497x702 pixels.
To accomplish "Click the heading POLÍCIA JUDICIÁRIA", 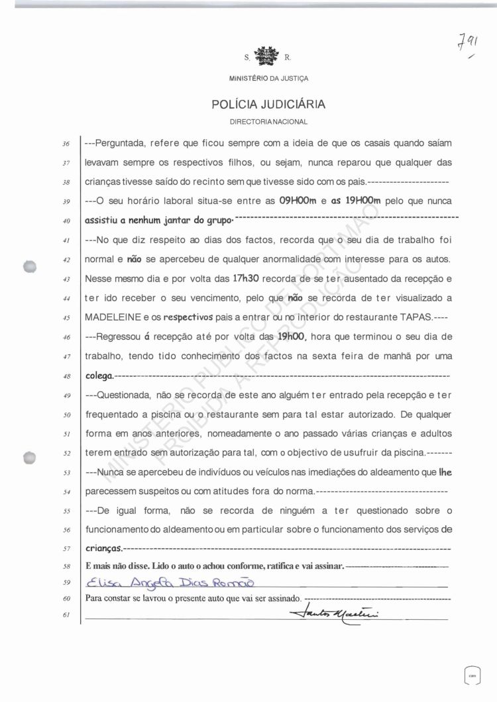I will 268,105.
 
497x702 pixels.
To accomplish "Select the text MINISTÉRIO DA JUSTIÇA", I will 268,78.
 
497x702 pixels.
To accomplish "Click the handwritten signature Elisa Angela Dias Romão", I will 170,583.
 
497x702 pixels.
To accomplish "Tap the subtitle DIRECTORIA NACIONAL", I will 268,123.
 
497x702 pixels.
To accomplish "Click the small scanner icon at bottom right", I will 472,676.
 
